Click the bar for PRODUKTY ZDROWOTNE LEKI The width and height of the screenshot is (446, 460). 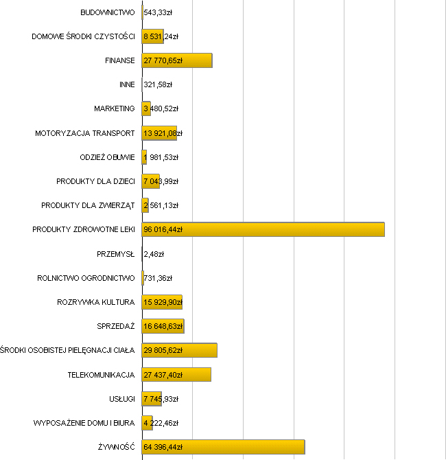coord(263,229)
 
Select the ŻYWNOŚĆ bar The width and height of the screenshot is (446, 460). coord(223,447)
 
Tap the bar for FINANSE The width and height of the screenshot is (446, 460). coord(177,60)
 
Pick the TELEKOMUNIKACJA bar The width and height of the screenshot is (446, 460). coord(176,374)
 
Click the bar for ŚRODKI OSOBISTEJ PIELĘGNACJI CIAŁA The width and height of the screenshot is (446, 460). coord(179,350)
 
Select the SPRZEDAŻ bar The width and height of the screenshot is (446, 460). coord(163,326)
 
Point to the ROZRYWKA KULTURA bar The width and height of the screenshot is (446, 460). coord(162,302)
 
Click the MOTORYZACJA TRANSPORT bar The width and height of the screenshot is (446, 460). coord(159,133)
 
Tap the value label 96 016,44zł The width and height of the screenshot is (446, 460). coord(163,229)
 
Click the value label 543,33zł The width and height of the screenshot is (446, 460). coord(158,12)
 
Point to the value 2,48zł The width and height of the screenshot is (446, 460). coord(154,254)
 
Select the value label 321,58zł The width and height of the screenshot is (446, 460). coord(157,85)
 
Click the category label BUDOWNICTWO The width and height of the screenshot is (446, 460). coord(107,12)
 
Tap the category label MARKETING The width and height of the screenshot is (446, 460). coord(114,109)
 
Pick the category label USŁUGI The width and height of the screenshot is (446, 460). coord(121,399)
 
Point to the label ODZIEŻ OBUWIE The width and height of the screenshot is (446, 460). coord(107,157)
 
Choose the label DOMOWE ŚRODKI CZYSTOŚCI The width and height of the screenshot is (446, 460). coord(83,36)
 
